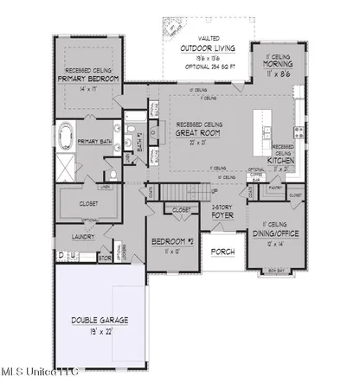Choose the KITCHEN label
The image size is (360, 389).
[x=284, y=160]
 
